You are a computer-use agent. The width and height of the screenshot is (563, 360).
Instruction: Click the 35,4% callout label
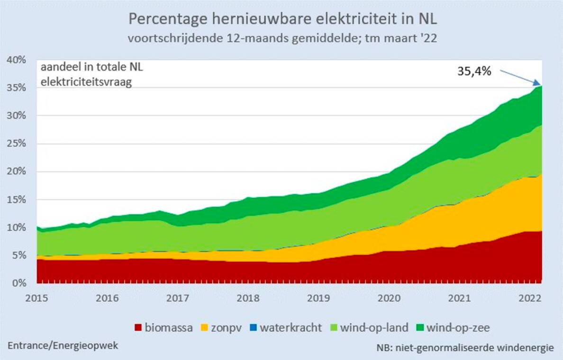click(474, 72)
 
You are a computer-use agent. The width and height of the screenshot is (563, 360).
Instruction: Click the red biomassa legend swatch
click(138, 327)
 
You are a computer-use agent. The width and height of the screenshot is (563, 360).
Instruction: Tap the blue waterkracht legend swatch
click(254, 327)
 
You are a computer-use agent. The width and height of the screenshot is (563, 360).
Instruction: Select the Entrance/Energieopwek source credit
click(63, 345)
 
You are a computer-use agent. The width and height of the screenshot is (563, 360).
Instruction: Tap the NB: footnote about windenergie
click(465, 348)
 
